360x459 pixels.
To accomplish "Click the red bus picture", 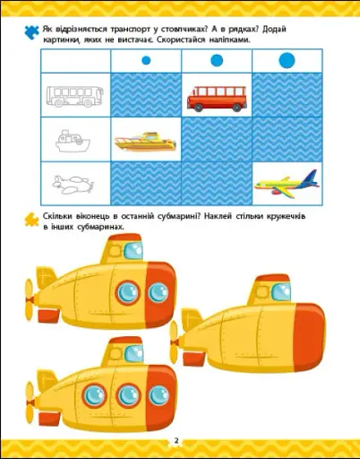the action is click(x=217, y=99).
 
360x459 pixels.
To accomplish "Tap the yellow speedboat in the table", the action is click(x=145, y=141).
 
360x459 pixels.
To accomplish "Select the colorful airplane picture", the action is click(x=287, y=184).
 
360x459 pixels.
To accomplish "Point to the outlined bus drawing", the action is click(x=74, y=96).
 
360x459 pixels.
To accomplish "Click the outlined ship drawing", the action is click(x=73, y=141).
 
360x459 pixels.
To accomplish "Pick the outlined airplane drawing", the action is click(x=73, y=185).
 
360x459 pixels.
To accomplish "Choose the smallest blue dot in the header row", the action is click(x=146, y=61).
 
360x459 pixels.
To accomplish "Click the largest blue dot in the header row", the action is click(x=287, y=60).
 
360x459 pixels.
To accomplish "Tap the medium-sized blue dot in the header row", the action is click(x=217, y=60).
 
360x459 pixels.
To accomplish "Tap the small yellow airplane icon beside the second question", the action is click(x=31, y=220).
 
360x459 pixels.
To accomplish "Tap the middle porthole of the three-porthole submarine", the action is click(x=128, y=395).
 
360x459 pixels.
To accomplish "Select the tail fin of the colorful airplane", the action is click(x=311, y=176).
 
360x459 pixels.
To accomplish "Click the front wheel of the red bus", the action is click(x=237, y=108).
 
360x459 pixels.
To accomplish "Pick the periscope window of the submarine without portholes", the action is click(x=281, y=291).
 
